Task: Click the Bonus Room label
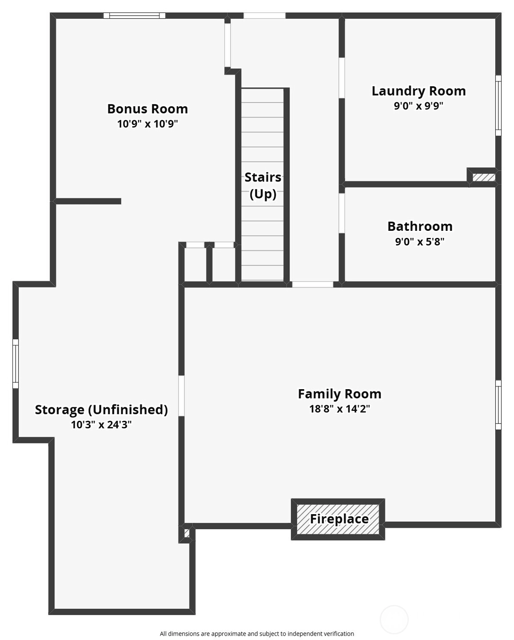click(147, 109)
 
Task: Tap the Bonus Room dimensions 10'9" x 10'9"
click(147, 124)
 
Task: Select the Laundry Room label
click(418, 91)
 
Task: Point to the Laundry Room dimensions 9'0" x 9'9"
click(418, 106)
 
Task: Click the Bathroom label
click(420, 226)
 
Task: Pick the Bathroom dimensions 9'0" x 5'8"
click(419, 242)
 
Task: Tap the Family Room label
click(339, 394)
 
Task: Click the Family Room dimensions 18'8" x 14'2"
click(339, 409)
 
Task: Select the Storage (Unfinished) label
click(101, 410)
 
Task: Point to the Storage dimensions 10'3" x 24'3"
click(101, 424)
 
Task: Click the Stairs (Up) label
click(263, 185)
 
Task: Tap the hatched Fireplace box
click(338, 519)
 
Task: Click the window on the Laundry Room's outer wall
click(498, 105)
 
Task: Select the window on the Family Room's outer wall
click(498, 405)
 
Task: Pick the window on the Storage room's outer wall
click(16, 364)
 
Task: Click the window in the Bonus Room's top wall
click(134, 16)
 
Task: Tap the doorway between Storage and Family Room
click(181, 396)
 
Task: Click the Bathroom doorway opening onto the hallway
click(342, 213)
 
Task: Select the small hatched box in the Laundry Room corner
click(484, 177)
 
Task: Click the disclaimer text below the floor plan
click(257, 633)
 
